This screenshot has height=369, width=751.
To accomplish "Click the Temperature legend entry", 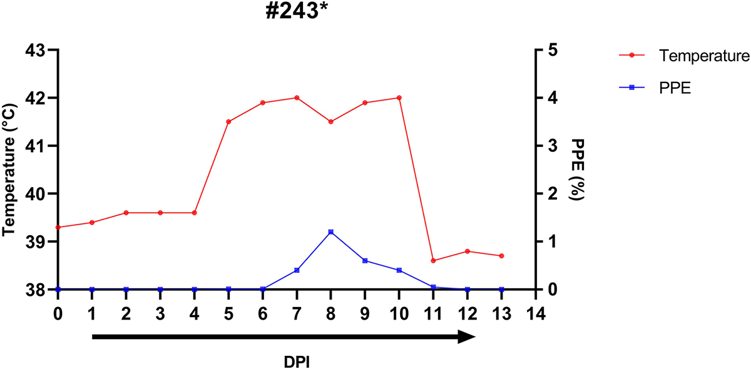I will pyautogui.click(x=704, y=56).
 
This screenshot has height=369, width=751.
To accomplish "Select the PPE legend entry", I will pyautogui.click(x=674, y=89).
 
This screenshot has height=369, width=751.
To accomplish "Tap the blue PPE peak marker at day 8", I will pyautogui.click(x=330, y=232).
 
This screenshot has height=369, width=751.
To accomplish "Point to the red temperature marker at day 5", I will pyautogui.click(x=228, y=121).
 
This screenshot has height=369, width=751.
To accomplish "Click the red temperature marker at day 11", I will pyautogui.click(x=433, y=260).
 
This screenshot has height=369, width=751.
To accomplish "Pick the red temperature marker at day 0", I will pyautogui.click(x=58, y=227).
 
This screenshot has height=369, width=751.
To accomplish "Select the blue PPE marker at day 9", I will pyautogui.click(x=365, y=261).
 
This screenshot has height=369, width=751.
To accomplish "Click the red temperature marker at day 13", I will pyautogui.click(x=501, y=256).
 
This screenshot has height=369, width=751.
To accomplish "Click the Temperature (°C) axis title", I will pyautogui.click(x=9, y=169).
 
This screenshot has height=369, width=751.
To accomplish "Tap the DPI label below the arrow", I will pyautogui.click(x=297, y=361).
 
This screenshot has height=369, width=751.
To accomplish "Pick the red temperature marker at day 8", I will pyautogui.click(x=330, y=121).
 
